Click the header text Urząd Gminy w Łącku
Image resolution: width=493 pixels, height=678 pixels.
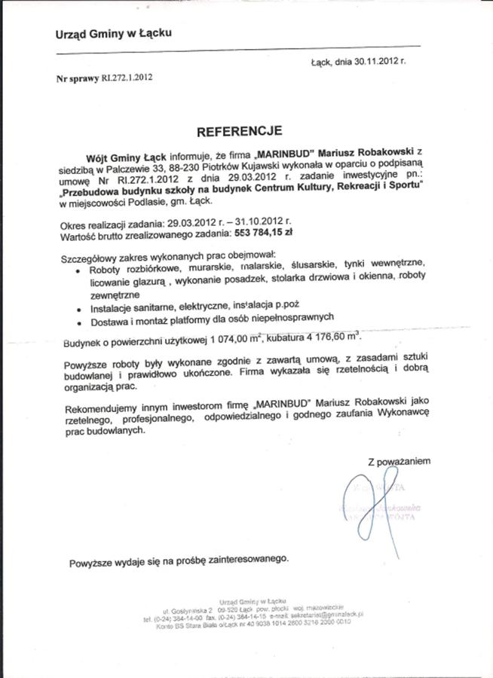pos(113,34)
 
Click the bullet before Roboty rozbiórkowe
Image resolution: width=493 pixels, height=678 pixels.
pos(81,270)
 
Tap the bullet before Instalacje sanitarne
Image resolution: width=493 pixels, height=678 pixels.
pos(81,309)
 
